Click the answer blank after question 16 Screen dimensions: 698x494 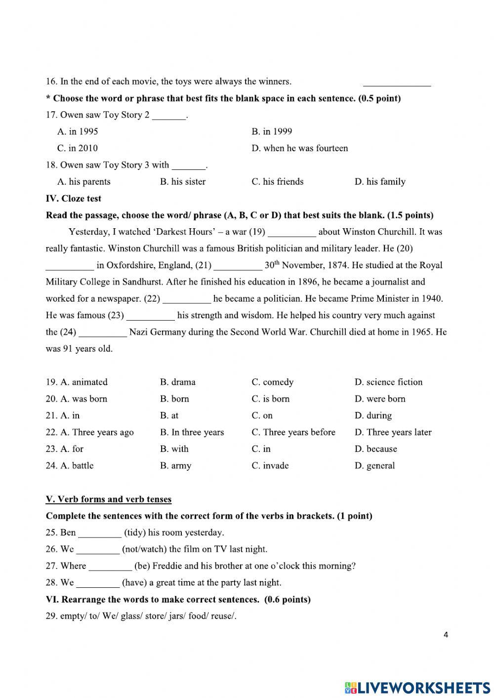tap(397, 83)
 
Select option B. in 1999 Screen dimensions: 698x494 tap(272, 131)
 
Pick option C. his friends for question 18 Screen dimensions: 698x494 tap(277, 182)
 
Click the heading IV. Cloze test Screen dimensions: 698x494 tap(73, 199)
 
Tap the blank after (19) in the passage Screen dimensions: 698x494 tap(291, 232)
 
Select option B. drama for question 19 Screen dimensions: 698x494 tap(177, 382)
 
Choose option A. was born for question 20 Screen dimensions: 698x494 tap(77, 399)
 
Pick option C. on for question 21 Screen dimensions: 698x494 tap(262, 416)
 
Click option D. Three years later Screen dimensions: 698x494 tap(393, 433)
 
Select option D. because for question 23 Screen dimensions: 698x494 tap(375, 449)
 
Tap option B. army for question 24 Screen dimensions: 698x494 tap(175, 466)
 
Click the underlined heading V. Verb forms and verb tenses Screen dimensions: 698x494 tap(109, 499)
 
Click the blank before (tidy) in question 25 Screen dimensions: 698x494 tap(100, 534)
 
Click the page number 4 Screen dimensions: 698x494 tap(446, 635)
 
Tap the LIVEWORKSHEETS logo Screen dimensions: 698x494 tap(418, 688)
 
